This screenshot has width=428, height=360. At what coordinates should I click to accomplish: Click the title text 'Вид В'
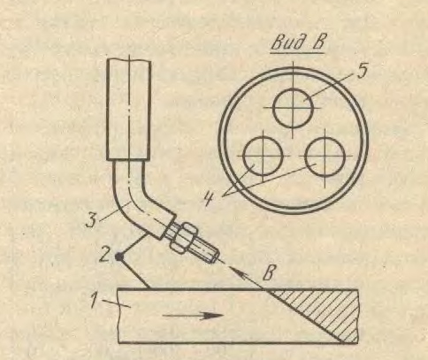click(x=298, y=43)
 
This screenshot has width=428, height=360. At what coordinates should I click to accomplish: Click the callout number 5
click(x=363, y=71)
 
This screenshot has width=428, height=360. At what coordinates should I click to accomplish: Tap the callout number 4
click(x=210, y=198)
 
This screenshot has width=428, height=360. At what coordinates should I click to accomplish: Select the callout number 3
click(x=91, y=220)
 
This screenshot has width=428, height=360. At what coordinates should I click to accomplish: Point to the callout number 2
click(x=104, y=254)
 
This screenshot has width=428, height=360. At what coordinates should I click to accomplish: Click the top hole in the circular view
click(x=293, y=108)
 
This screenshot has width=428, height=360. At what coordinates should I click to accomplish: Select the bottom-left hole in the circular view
click(x=263, y=157)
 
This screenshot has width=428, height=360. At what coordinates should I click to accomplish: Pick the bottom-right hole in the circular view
click(x=325, y=157)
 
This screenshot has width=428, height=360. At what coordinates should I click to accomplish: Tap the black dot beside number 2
click(x=118, y=257)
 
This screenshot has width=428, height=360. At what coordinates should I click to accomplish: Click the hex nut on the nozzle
click(x=180, y=238)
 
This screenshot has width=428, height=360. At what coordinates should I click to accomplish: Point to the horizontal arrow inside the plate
click(x=193, y=316)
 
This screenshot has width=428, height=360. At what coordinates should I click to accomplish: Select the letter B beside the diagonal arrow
click(x=268, y=273)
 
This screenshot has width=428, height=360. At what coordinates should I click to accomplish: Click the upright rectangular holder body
click(x=128, y=110)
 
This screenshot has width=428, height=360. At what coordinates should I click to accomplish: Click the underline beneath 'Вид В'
click(x=297, y=53)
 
